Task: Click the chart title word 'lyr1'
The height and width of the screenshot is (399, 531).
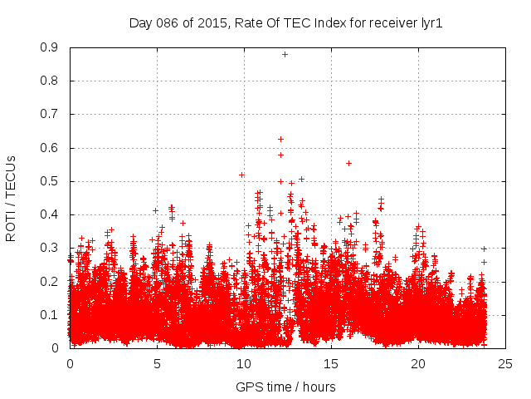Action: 430,23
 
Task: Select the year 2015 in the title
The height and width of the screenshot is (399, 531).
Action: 212,23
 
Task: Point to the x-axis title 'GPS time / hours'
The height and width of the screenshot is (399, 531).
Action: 286,387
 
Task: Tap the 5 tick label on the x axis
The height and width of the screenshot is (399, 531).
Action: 157,363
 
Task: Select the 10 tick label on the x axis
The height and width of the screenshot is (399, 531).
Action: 244,363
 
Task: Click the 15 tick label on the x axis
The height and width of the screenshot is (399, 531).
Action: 331,363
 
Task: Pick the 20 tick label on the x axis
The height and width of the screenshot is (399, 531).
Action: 418,363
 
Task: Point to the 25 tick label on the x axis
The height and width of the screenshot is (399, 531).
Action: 505,363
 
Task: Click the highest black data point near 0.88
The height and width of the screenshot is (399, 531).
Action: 285,54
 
